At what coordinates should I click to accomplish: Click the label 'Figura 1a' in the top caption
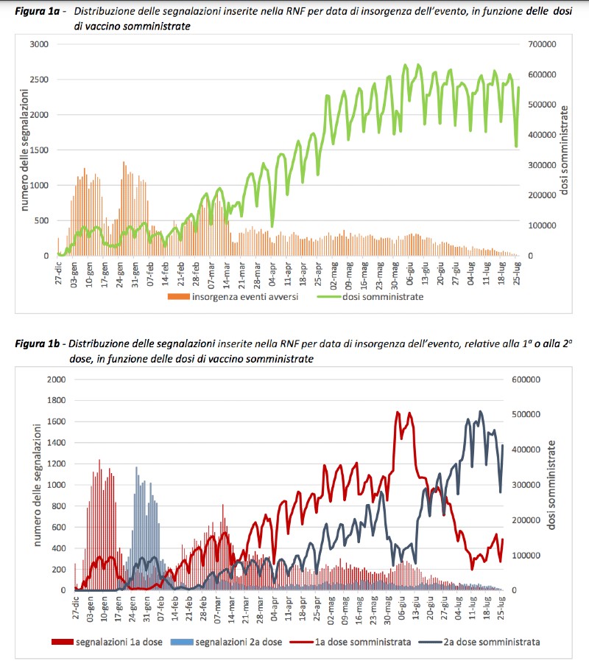pyautogui.click(x=38, y=11)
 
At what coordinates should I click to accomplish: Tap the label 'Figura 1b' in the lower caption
pyautogui.click(x=38, y=343)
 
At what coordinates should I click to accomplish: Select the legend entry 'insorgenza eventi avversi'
pyautogui.click(x=233, y=297)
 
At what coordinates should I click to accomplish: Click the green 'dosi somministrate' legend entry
pyautogui.click(x=370, y=297)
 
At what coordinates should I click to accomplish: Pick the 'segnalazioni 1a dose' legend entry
pyautogui.click(x=107, y=642)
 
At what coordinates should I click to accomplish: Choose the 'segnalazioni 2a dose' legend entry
pyautogui.click(x=226, y=642)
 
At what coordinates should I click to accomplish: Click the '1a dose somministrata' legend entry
pyautogui.click(x=350, y=642)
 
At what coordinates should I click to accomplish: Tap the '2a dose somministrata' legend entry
pyautogui.click(x=479, y=642)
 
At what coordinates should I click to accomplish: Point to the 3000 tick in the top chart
pyautogui.click(x=39, y=44)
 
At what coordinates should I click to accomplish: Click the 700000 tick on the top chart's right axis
pyautogui.click(x=542, y=44)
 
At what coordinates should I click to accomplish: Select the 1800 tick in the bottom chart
pyautogui.click(x=57, y=400)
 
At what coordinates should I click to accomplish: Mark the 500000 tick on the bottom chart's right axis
pyautogui.click(x=526, y=414)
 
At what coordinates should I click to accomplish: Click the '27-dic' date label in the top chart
pyautogui.click(x=59, y=273)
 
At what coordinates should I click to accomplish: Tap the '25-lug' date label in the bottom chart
pyautogui.click(x=501, y=608)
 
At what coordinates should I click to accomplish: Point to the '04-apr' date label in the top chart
pyautogui.click(x=272, y=273)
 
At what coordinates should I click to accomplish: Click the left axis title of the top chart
pyautogui.click(x=24, y=150)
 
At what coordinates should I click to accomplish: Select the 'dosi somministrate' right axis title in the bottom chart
pyautogui.click(x=551, y=485)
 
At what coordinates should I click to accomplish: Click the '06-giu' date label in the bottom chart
pyautogui.click(x=402, y=608)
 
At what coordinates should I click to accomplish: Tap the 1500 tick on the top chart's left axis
pyautogui.click(x=39, y=150)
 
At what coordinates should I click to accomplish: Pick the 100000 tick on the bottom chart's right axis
pyautogui.click(x=526, y=556)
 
